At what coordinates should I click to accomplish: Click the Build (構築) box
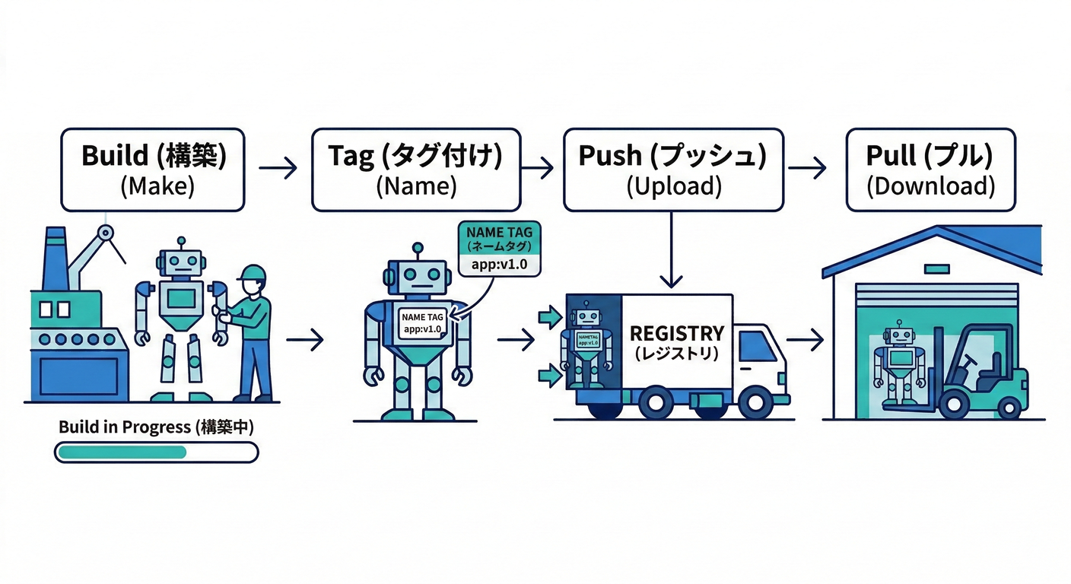point(152,169)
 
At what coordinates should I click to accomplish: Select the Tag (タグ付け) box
point(416,169)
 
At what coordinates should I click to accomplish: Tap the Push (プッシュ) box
point(673,169)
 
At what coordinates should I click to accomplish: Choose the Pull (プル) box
point(930,169)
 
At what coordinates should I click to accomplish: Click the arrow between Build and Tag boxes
point(278,168)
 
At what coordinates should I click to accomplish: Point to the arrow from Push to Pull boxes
point(807,168)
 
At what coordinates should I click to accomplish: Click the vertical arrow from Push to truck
point(672,251)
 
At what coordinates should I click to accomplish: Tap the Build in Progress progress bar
point(156,452)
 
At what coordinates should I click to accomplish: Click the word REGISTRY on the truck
point(676,333)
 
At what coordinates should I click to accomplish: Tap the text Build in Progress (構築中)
point(156,427)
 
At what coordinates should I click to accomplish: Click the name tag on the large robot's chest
point(423,323)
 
